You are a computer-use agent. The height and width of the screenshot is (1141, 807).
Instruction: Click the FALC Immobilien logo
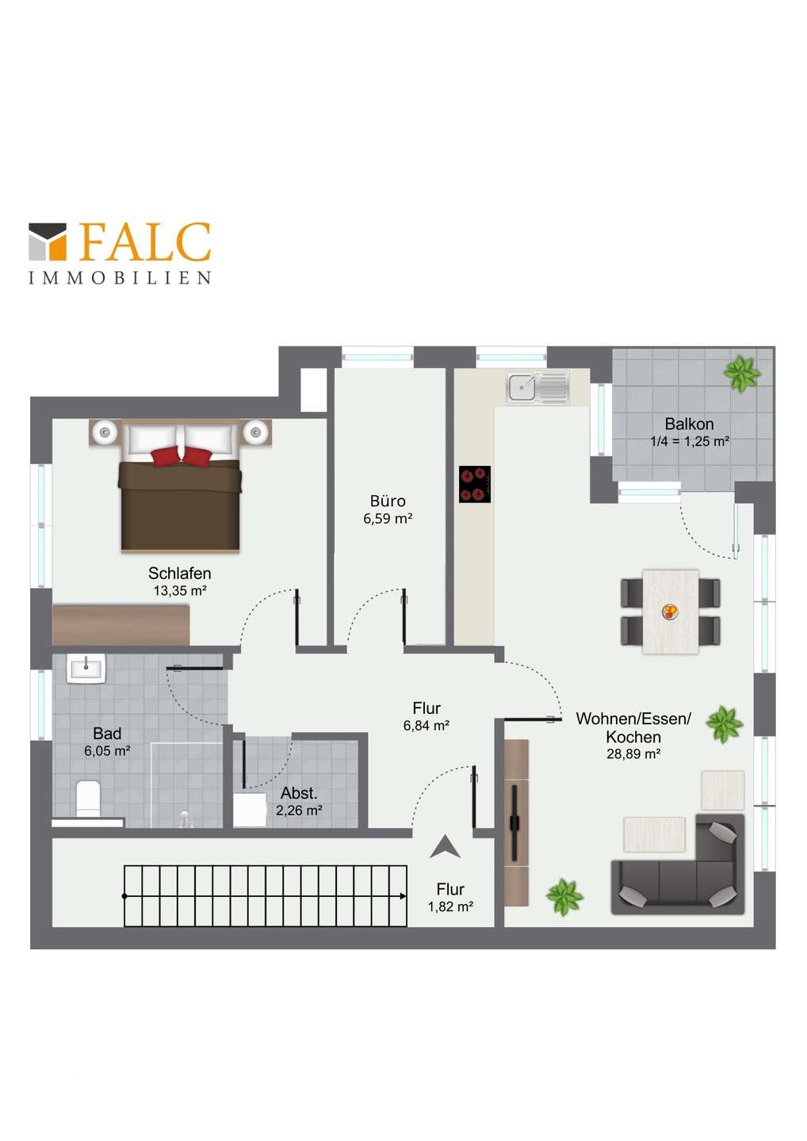120,253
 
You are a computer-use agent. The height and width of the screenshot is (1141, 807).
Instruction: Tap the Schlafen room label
179,573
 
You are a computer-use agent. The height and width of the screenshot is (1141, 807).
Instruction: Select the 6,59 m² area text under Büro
387,518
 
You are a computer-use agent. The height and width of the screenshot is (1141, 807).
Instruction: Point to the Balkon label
689,424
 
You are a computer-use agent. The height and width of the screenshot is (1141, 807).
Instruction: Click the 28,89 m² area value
633,754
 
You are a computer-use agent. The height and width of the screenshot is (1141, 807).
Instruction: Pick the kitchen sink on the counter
537,387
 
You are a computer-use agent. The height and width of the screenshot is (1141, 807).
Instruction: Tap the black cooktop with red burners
474,484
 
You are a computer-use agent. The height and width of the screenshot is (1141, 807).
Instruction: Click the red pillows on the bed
182,456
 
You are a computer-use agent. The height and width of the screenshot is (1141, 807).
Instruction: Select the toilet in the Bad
88,798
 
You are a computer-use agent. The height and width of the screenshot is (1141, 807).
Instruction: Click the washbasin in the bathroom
86,668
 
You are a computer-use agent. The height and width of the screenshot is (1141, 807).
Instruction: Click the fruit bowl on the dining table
669,611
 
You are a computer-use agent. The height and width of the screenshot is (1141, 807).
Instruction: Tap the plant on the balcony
742,373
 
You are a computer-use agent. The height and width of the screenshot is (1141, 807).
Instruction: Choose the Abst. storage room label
299,793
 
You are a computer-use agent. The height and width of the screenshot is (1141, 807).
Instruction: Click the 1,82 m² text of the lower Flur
450,906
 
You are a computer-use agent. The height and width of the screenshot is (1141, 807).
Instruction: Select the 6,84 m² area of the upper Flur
426,725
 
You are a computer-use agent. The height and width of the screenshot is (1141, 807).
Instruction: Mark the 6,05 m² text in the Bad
107,751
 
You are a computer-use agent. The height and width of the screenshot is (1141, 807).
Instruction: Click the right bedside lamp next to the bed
255,433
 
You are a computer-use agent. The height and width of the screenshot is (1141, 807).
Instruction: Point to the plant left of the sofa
564,897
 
